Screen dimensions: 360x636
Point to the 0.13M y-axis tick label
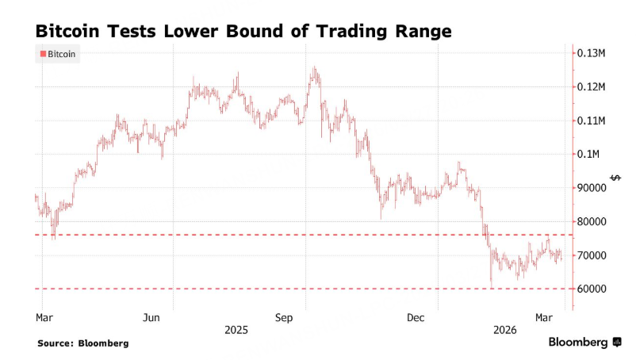[x=592, y=53]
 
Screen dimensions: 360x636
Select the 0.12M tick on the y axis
[x=592, y=86]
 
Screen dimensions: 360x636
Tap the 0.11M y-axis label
[x=592, y=121]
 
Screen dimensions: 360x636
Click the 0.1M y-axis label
[x=588, y=154]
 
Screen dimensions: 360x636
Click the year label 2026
[x=503, y=329]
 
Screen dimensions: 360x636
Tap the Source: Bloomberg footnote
[x=82, y=343]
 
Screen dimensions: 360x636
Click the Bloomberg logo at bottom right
[x=585, y=342]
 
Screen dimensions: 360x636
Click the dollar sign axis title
[x=615, y=177]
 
